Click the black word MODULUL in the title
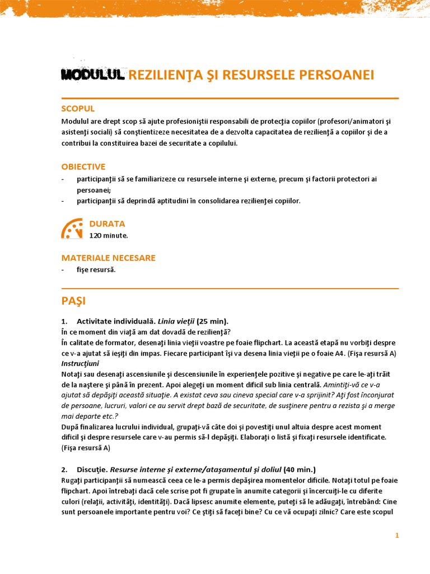click(92, 75)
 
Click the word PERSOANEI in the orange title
click(339, 75)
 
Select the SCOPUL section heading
click(78, 108)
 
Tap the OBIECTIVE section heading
click(83, 166)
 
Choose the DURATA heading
click(107, 224)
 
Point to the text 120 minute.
click(109, 235)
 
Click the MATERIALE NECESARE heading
click(108, 258)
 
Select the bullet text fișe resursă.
click(96, 270)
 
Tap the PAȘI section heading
click(73, 301)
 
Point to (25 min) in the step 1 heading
click(212, 321)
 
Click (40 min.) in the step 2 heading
click(300, 469)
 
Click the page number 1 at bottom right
click(397, 536)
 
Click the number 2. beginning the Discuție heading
click(64, 469)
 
